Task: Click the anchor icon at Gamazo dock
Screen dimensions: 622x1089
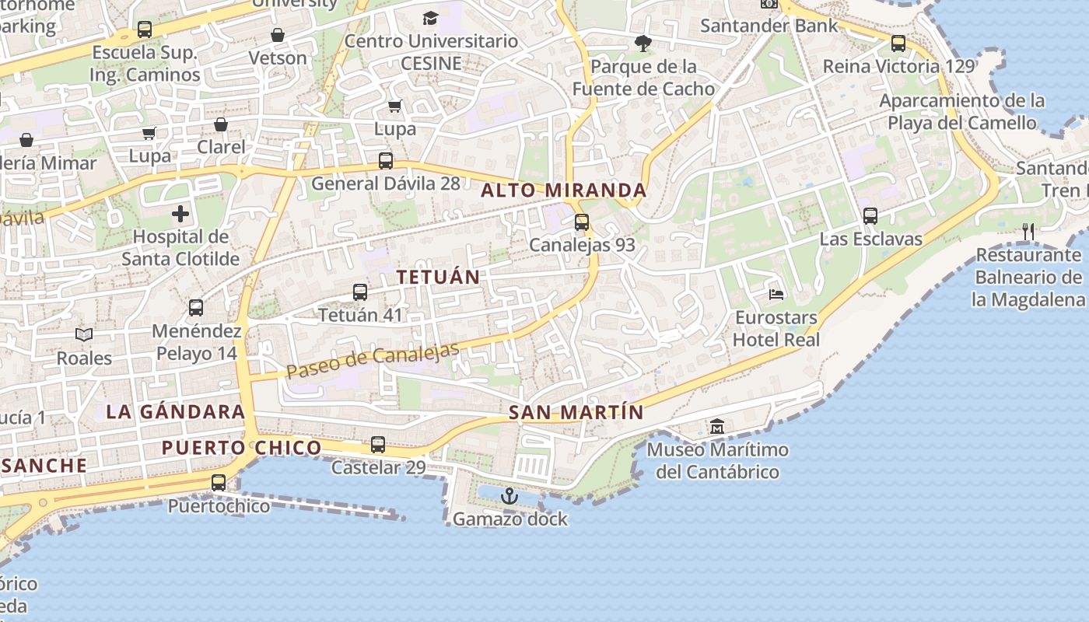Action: pos(509,496)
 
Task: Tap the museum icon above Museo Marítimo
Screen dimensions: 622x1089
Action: pos(716,426)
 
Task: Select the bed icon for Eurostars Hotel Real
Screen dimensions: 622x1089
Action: pos(776,294)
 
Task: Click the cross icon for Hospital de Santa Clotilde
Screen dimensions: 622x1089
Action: pos(180,214)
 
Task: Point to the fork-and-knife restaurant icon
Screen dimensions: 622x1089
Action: pos(1028,231)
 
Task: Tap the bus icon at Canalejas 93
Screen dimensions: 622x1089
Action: pos(582,222)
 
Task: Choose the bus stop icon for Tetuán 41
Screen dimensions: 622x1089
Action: pos(360,292)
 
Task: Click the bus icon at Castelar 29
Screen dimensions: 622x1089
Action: pos(378,445)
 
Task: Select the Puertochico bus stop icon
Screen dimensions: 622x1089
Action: pos(219,483)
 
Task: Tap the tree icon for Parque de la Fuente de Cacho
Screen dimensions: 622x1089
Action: pos(643,44)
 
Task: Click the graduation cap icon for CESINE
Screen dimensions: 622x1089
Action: pos(430,18)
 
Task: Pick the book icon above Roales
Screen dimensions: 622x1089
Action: pos(84,334)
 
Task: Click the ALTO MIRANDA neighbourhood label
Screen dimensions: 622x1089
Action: pos(564,190)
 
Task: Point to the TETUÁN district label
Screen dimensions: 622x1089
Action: pos(438,277)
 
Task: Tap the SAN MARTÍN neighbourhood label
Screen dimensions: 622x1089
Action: pos(576,413)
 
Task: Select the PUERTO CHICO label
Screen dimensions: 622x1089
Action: pos(241,448)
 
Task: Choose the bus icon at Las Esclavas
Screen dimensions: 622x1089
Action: pos(870,216)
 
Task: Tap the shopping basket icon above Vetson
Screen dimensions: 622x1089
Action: pos(278,35)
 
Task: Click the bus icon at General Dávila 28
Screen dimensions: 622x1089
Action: pos(386,161)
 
